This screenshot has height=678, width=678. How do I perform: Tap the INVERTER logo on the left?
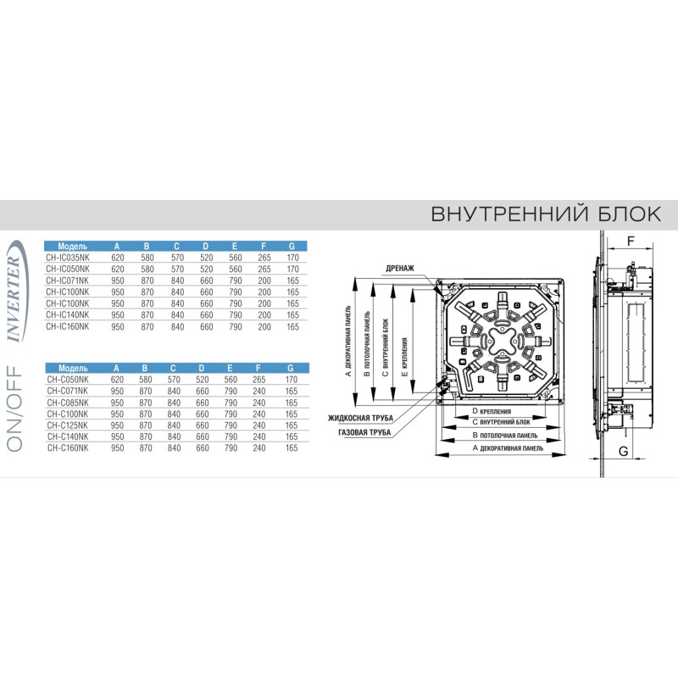point(16,292)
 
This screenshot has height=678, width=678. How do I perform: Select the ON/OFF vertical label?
point(14,409)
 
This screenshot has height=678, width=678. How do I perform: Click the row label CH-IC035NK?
point(68,258)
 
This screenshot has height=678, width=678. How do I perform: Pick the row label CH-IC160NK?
point(68,326)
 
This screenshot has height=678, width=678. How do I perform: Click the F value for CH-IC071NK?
point(264,281)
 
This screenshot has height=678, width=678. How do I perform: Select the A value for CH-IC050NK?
point(118,269)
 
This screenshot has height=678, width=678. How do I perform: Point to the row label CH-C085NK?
point(68,403)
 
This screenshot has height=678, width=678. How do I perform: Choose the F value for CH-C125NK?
point(259,425)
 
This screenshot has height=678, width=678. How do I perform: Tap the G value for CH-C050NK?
point(292,380)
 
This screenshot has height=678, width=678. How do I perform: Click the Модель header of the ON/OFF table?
point(73,369)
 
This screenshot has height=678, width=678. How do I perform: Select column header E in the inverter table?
point(235,247)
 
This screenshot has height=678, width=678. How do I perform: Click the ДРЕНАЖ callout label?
point(400,268)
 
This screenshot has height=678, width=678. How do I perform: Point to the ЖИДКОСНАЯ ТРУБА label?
point(361,418)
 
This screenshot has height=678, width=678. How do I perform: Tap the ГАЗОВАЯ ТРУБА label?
point(364,432)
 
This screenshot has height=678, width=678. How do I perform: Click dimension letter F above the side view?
point(631,242)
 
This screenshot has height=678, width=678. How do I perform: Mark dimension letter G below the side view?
point(624,452)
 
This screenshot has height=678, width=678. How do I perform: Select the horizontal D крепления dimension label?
point(492,412)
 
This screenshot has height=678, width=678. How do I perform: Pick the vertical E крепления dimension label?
point(405,357)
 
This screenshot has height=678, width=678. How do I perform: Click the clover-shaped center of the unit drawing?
point(501,341)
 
